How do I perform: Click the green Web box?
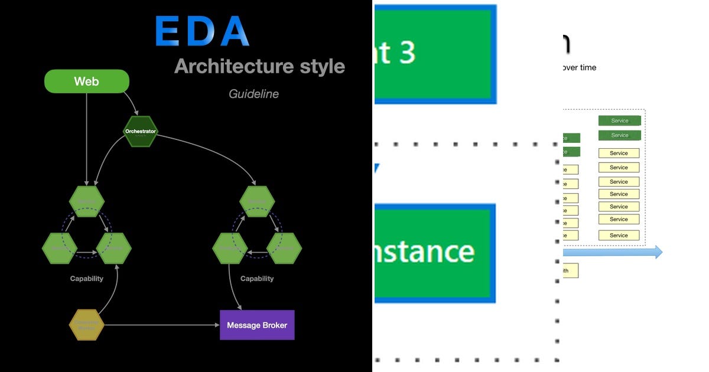coord(87,81)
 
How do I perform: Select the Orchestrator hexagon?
coord(140,131)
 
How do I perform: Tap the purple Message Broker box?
coord(257,325)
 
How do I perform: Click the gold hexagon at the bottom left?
coord(87,325)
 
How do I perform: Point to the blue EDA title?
coord(203,31)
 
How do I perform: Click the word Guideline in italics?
coord(253,94)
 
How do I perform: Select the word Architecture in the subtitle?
coord(228,66)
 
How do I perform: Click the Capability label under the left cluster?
coord(87,279)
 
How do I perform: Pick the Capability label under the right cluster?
coord(257,279)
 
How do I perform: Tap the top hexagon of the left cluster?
coord(87,202)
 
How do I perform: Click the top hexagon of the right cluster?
coord(257,202)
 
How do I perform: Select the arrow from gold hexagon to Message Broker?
coord(160,325)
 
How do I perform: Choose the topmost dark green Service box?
coord(619,120)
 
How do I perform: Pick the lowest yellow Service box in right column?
coord(619,235)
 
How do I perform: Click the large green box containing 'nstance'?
coord(434,252)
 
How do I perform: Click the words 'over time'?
coord(580,67)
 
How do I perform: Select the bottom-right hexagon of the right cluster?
coord(284,248)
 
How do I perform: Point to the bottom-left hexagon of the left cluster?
coord(60,248)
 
